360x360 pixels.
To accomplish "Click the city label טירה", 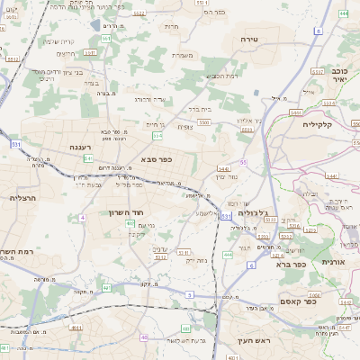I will pyautogui.click(x=250, y=40).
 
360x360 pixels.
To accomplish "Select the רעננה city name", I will pyautogui.click(x=83, y=145).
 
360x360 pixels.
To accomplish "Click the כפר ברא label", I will pyautogui.click(x=287, y=264).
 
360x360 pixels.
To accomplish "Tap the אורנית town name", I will pyautogui.click(x=334, y=261).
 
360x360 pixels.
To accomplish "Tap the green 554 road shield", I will pyautogui.click(x=157, y=135).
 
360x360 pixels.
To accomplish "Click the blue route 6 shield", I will pyautogui.click(x=252, y=266).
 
